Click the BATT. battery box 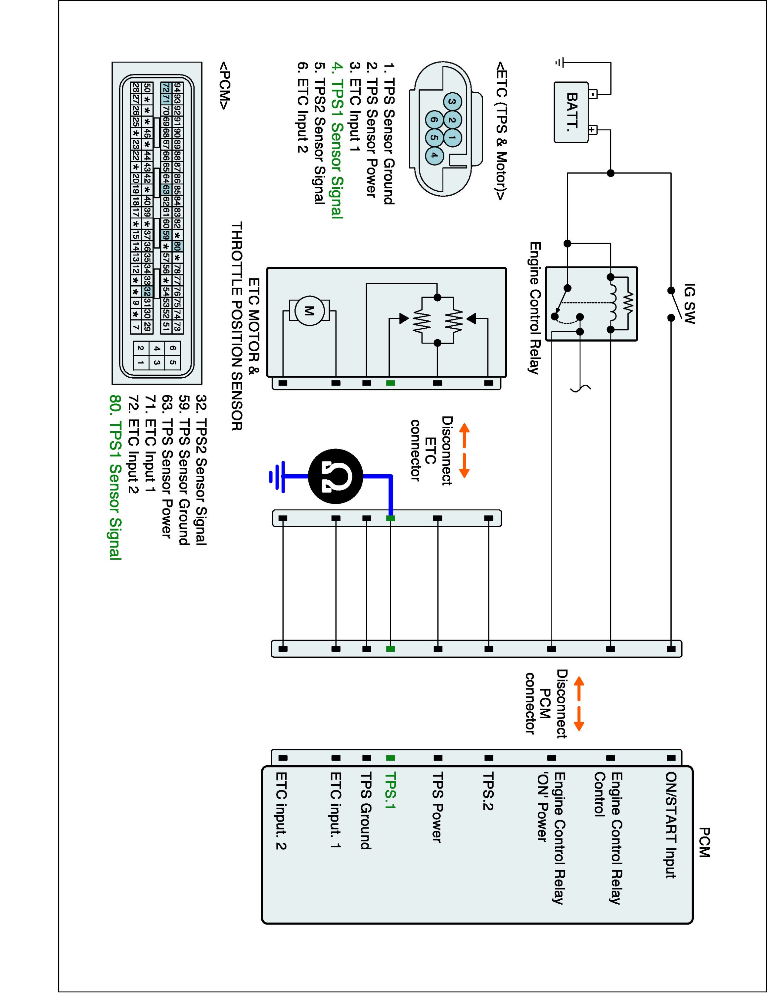(x=571, y=112)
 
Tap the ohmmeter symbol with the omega (x=335, y=476)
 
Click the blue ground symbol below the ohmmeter (x=277, y=476)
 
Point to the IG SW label (x=689, y=304)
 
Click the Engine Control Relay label (x=535, y=308)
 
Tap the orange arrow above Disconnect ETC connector (x=464, y=450)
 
